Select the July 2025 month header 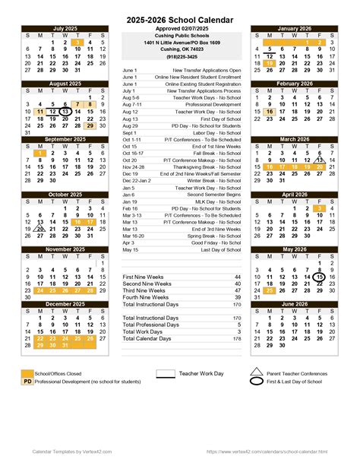[x=65, y=28]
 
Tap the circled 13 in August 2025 [x=65, y=112]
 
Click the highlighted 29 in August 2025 [x=90, y=125]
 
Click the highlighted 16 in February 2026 [x=269, y=112]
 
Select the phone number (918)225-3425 [x=181, y=56]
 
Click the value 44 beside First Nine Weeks [x=238, y=277]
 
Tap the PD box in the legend [x=27, y=380]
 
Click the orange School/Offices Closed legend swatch [x=27, y=372]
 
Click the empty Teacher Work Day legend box [x=165, y=373]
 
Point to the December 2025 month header [x=65, y=304]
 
